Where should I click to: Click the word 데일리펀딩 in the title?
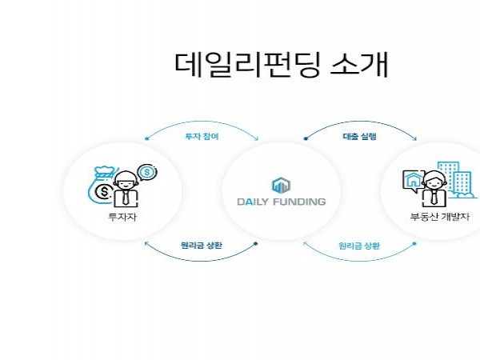point(248,64)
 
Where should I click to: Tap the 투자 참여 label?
point(202,136)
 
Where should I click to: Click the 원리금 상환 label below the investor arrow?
point(202,246)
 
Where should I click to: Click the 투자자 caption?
point(122,217)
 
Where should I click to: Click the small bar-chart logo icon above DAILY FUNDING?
point(281,185)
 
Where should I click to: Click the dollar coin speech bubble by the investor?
point(146,172)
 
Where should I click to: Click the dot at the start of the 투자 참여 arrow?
point(146,138)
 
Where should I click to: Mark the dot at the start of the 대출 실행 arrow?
point(305,138)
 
